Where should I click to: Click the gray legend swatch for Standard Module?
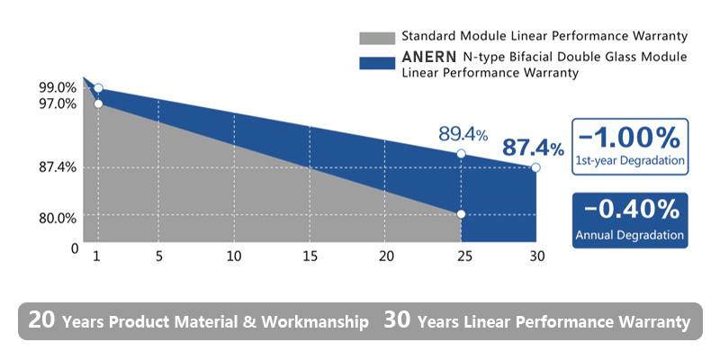pos(376,38)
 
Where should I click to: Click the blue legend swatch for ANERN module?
pos(376,63)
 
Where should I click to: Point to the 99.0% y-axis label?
pos(58,87)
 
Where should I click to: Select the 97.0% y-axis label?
pos(58,103)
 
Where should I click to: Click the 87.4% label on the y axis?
pos(58,167)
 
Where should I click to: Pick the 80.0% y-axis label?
pos(58,217)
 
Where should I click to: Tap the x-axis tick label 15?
pos(310,256)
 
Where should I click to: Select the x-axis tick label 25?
pos(461,256)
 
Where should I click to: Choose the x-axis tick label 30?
pos(536,256)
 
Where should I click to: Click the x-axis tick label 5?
pos(158,256)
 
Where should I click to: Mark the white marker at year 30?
pos(536,167)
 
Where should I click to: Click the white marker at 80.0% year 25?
pos(461,214)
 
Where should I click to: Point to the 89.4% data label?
pos(463,134)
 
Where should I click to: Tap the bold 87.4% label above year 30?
pos(533,147)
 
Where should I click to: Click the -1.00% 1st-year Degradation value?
pos(629,139)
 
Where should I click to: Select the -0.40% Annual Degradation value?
pos(630,211)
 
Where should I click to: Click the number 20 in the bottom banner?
pos(41,320)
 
